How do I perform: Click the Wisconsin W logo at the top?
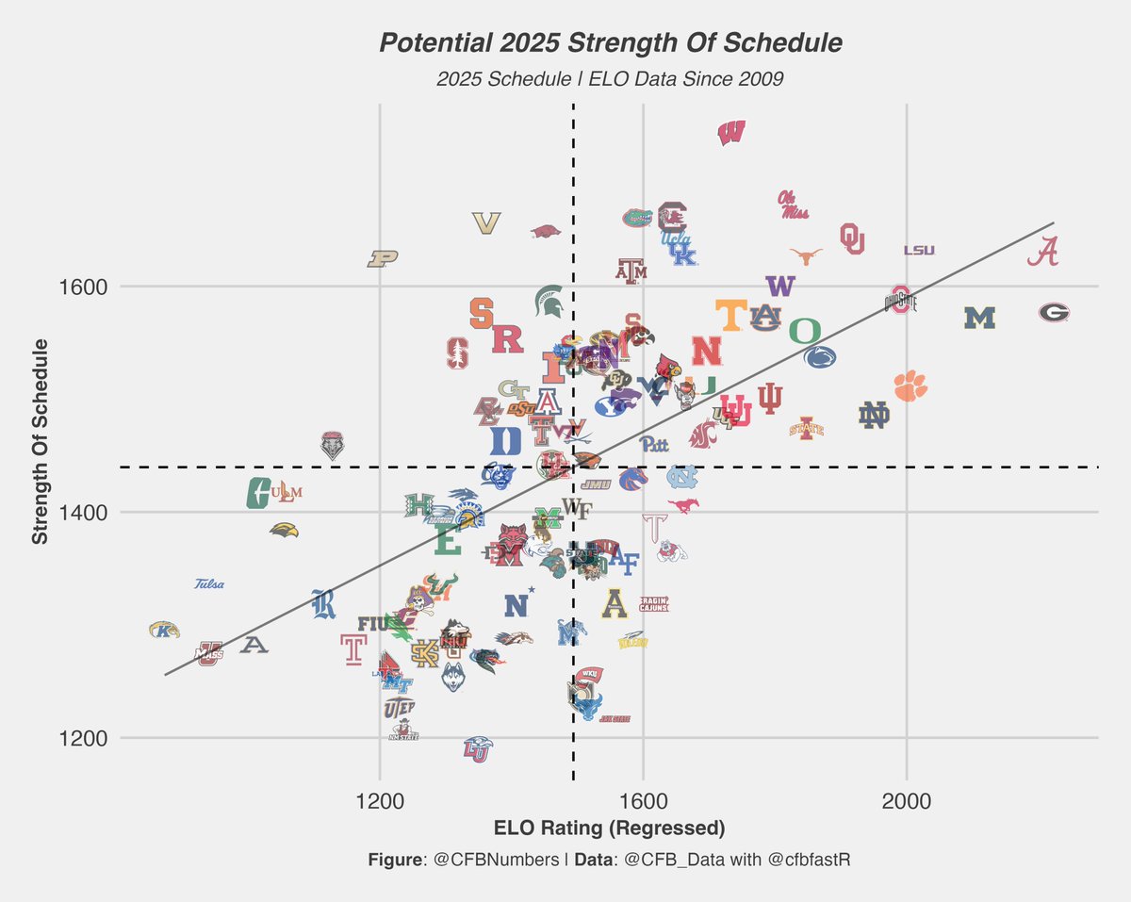point(731,133)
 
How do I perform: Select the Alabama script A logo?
point(1043,253)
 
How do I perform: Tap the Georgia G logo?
point(1054,313)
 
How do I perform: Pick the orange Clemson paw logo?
point(910,385)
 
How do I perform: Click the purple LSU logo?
point(919,250)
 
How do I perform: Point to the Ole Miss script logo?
point(793,205)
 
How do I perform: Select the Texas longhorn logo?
point(806,255)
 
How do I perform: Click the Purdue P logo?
point(384,258)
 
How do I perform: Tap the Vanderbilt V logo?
point(486,223)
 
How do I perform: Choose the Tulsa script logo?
point(209,584)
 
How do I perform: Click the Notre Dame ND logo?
point(874,415)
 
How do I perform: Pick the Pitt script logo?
point(653,444)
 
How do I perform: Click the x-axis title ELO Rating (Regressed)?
point(609,828)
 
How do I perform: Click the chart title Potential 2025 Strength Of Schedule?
point(610,43)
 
